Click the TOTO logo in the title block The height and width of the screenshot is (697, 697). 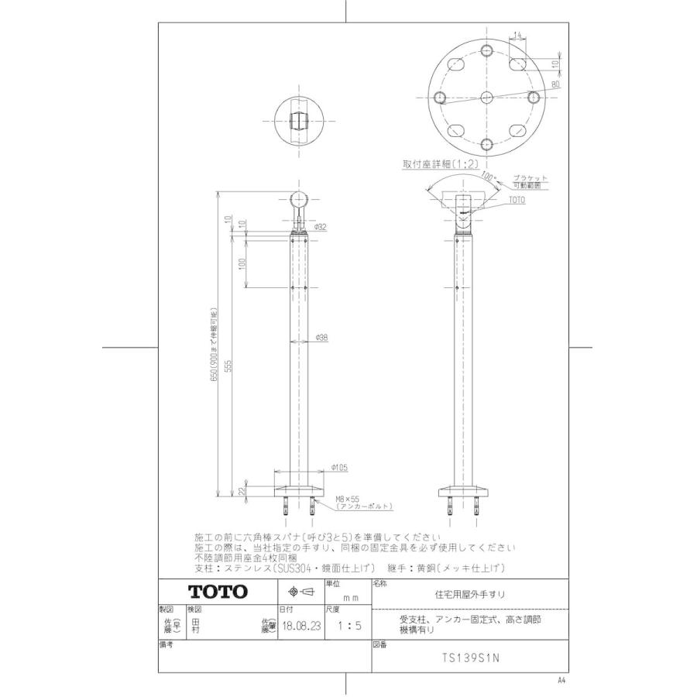pyautogui.click(x=218, y=592)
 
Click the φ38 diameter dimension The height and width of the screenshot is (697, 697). pyautogui.click(x=323, y=337)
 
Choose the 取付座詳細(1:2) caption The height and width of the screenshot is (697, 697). pyautogui.click(x=438, y=164)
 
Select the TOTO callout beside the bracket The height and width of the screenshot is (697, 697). pyautogui.click(x=516, y=200)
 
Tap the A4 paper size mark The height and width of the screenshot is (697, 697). pyautogui.click(x=561, y=680)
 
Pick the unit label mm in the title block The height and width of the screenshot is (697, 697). pyautogui.click(x=350, y=599)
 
